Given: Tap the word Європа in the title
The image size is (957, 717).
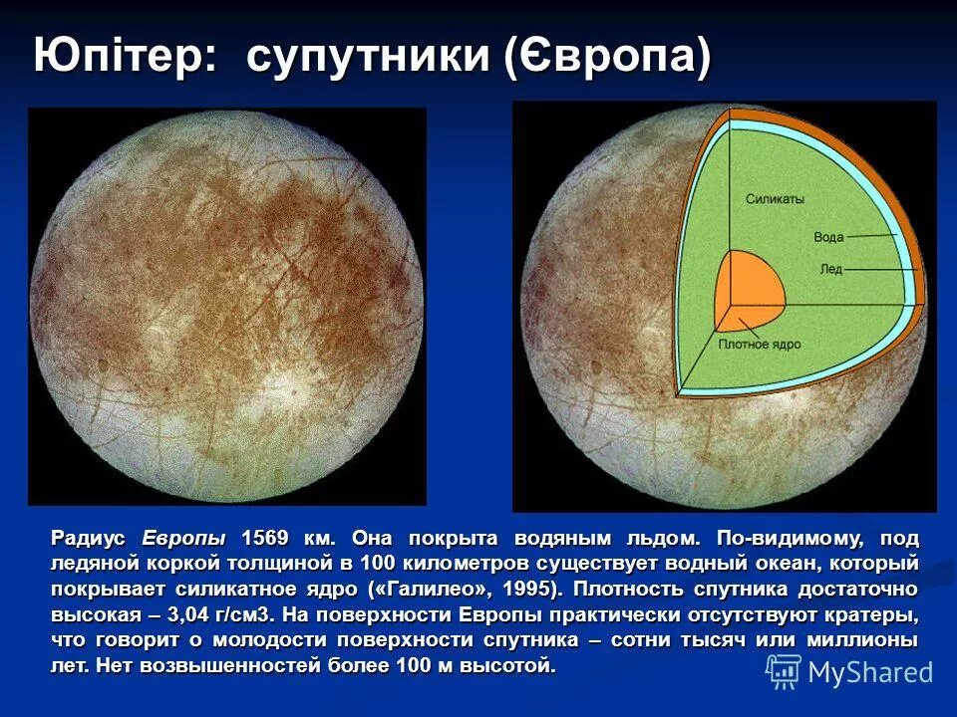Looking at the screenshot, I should pos(610,57).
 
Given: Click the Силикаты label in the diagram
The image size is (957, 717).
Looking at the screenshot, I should pos(775,199).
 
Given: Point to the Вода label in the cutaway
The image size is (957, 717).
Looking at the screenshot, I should pos(828,237).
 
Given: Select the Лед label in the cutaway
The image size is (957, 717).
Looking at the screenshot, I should pos(830,268).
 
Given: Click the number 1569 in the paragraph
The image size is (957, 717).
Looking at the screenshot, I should pos(265,539).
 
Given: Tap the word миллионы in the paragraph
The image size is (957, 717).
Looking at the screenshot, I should pos(866,640).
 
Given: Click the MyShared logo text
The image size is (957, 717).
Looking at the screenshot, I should pos(870,673).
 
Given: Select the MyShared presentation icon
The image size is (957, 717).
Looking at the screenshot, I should pos(784,671).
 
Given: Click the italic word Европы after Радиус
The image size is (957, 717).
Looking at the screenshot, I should pos(184,539).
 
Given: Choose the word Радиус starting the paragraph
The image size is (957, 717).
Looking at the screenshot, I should pos(89,539).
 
